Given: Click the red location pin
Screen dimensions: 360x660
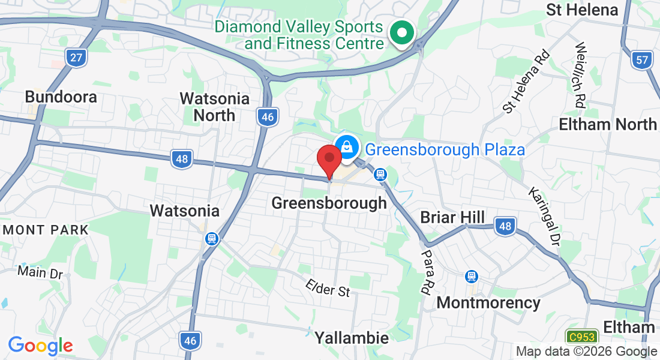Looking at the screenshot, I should [x=329, y=160].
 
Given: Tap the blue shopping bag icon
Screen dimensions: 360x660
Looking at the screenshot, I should [x=346, y=146].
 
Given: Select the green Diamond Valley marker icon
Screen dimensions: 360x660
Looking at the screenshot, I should [x=401, y=34].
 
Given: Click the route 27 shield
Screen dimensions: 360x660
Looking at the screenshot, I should [x=76, y=58].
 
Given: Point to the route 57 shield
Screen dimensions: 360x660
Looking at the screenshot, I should [x=641, y=59].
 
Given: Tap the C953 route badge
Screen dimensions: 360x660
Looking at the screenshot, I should [x=580, y=337].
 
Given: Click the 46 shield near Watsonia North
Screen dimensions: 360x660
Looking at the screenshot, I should [x=268, y=117].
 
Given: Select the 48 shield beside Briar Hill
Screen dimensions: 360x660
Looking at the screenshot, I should [x=506, y=226].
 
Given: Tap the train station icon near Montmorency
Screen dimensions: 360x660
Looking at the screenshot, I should [x=472, y=277].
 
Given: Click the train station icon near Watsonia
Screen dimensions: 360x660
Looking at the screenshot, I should [x=211, y=239].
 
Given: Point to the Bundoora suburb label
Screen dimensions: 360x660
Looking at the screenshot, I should [x=53, y=97].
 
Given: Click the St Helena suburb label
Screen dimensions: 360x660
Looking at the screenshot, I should [x=581, y=10].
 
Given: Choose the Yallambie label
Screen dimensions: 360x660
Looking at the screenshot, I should [x=352, y=338].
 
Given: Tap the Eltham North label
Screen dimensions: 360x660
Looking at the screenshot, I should [x=608, y=125].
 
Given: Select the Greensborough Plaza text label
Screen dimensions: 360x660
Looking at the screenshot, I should [x=445, y=149].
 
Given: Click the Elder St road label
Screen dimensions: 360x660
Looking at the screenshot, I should [x=328, y=288].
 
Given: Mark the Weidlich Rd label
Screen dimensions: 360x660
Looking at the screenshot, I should [x=580, y=75].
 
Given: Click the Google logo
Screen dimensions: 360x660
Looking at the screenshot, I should [x=40, y=345].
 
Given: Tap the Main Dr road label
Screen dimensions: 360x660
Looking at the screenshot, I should [x=40, y=272].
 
